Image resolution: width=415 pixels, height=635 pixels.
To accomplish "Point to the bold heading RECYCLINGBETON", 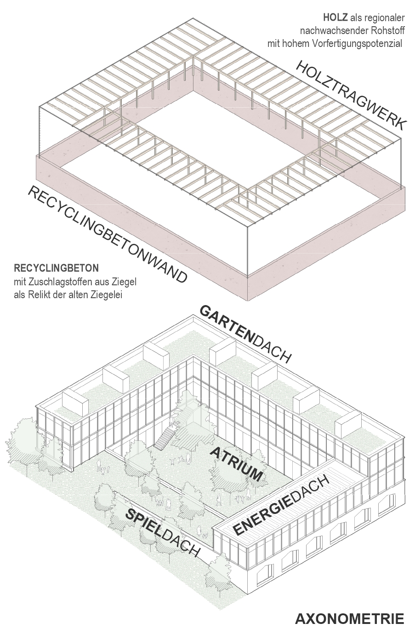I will coord(56,268).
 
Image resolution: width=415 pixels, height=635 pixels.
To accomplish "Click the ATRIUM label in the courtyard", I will coord(237,463).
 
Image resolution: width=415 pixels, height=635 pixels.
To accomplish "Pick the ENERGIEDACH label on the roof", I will coord(281,506).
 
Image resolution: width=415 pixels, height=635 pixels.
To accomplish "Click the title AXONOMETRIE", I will coord(349,618).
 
